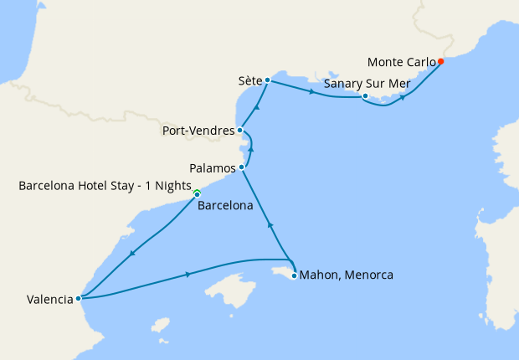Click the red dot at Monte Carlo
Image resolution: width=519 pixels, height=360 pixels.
coord(441,61)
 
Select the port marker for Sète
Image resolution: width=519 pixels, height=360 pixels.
coord(266,81)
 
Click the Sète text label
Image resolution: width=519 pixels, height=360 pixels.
coord(248,81)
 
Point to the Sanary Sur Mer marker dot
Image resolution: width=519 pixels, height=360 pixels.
coord(365,96)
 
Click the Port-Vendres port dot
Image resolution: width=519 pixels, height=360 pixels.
coord(240,130)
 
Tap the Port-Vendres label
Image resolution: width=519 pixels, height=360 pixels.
coord(198,131)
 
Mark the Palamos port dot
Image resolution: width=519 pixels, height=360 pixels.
coord(242,167)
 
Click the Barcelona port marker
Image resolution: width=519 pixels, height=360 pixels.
coord(197,195)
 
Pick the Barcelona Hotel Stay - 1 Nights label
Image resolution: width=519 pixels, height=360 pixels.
coord(105,185)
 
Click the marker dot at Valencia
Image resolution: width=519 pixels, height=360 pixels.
coord(78,297)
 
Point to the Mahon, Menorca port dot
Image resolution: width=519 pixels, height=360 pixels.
coord(294,275)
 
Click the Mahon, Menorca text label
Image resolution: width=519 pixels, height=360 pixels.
coord(346,275)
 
